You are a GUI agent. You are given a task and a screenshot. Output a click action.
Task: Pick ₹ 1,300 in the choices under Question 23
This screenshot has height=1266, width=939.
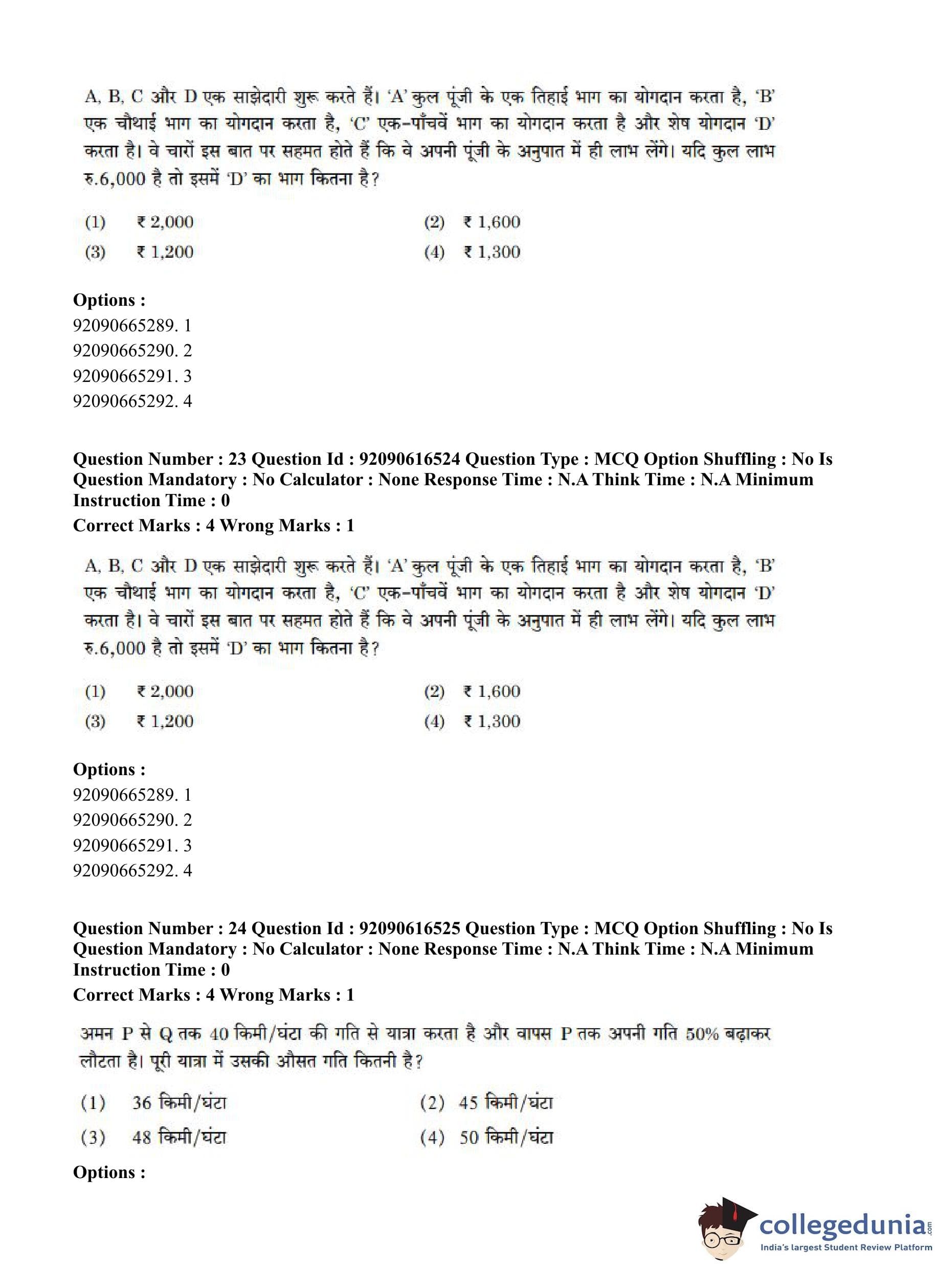point(491,721)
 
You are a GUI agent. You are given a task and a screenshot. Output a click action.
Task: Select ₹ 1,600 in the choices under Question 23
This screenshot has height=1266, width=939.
point(491,691)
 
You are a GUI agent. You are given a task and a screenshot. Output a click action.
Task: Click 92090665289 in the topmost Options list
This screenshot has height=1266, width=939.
point(124,326)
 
